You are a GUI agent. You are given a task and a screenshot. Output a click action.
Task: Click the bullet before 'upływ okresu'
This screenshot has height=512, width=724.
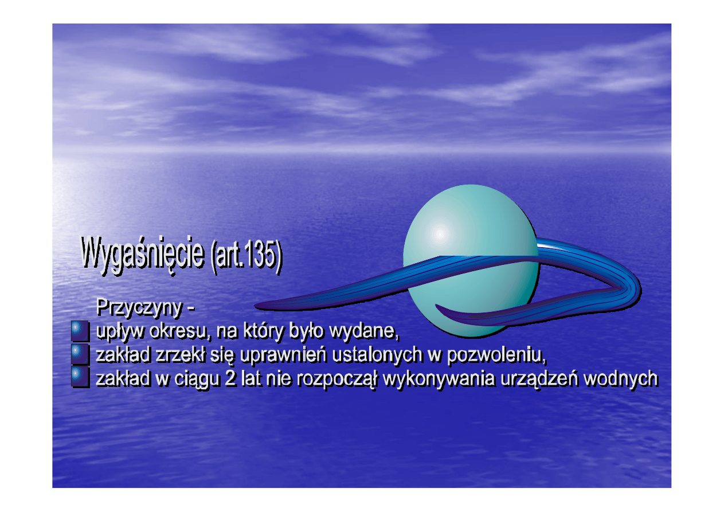tap(80, 331)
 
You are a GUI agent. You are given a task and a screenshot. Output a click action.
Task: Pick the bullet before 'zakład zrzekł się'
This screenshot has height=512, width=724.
tap(80, 355)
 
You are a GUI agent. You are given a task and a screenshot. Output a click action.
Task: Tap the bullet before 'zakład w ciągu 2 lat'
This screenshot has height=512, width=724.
tap(80, 378)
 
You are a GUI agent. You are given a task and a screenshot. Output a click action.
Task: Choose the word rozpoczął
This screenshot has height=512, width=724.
tap(337, 380)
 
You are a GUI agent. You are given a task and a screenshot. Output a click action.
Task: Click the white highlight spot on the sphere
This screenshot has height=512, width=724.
tap(440, 234)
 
